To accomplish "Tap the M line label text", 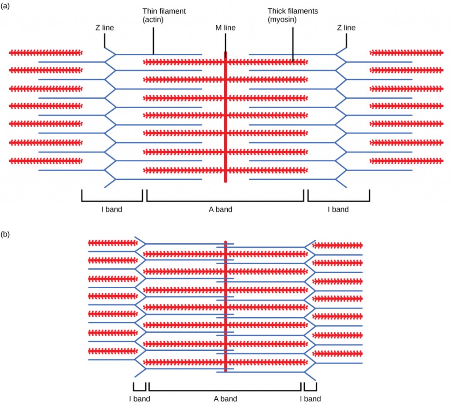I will point(225,28).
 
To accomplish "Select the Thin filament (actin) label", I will point(164,15).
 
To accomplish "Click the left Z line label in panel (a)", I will point(104,28).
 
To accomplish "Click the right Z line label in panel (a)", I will point(346,28).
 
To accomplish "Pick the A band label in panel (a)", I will point(220,209).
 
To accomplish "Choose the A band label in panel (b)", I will point(225,399).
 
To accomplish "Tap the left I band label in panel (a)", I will point(111,209).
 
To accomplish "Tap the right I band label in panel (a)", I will point(338,209).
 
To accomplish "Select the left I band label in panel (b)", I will point(140,399).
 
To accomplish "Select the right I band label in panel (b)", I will point(311,399).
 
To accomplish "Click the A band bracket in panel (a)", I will point(225,201).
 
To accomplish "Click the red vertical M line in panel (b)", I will point(225,308).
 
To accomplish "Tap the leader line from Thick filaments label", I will point(293,44).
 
